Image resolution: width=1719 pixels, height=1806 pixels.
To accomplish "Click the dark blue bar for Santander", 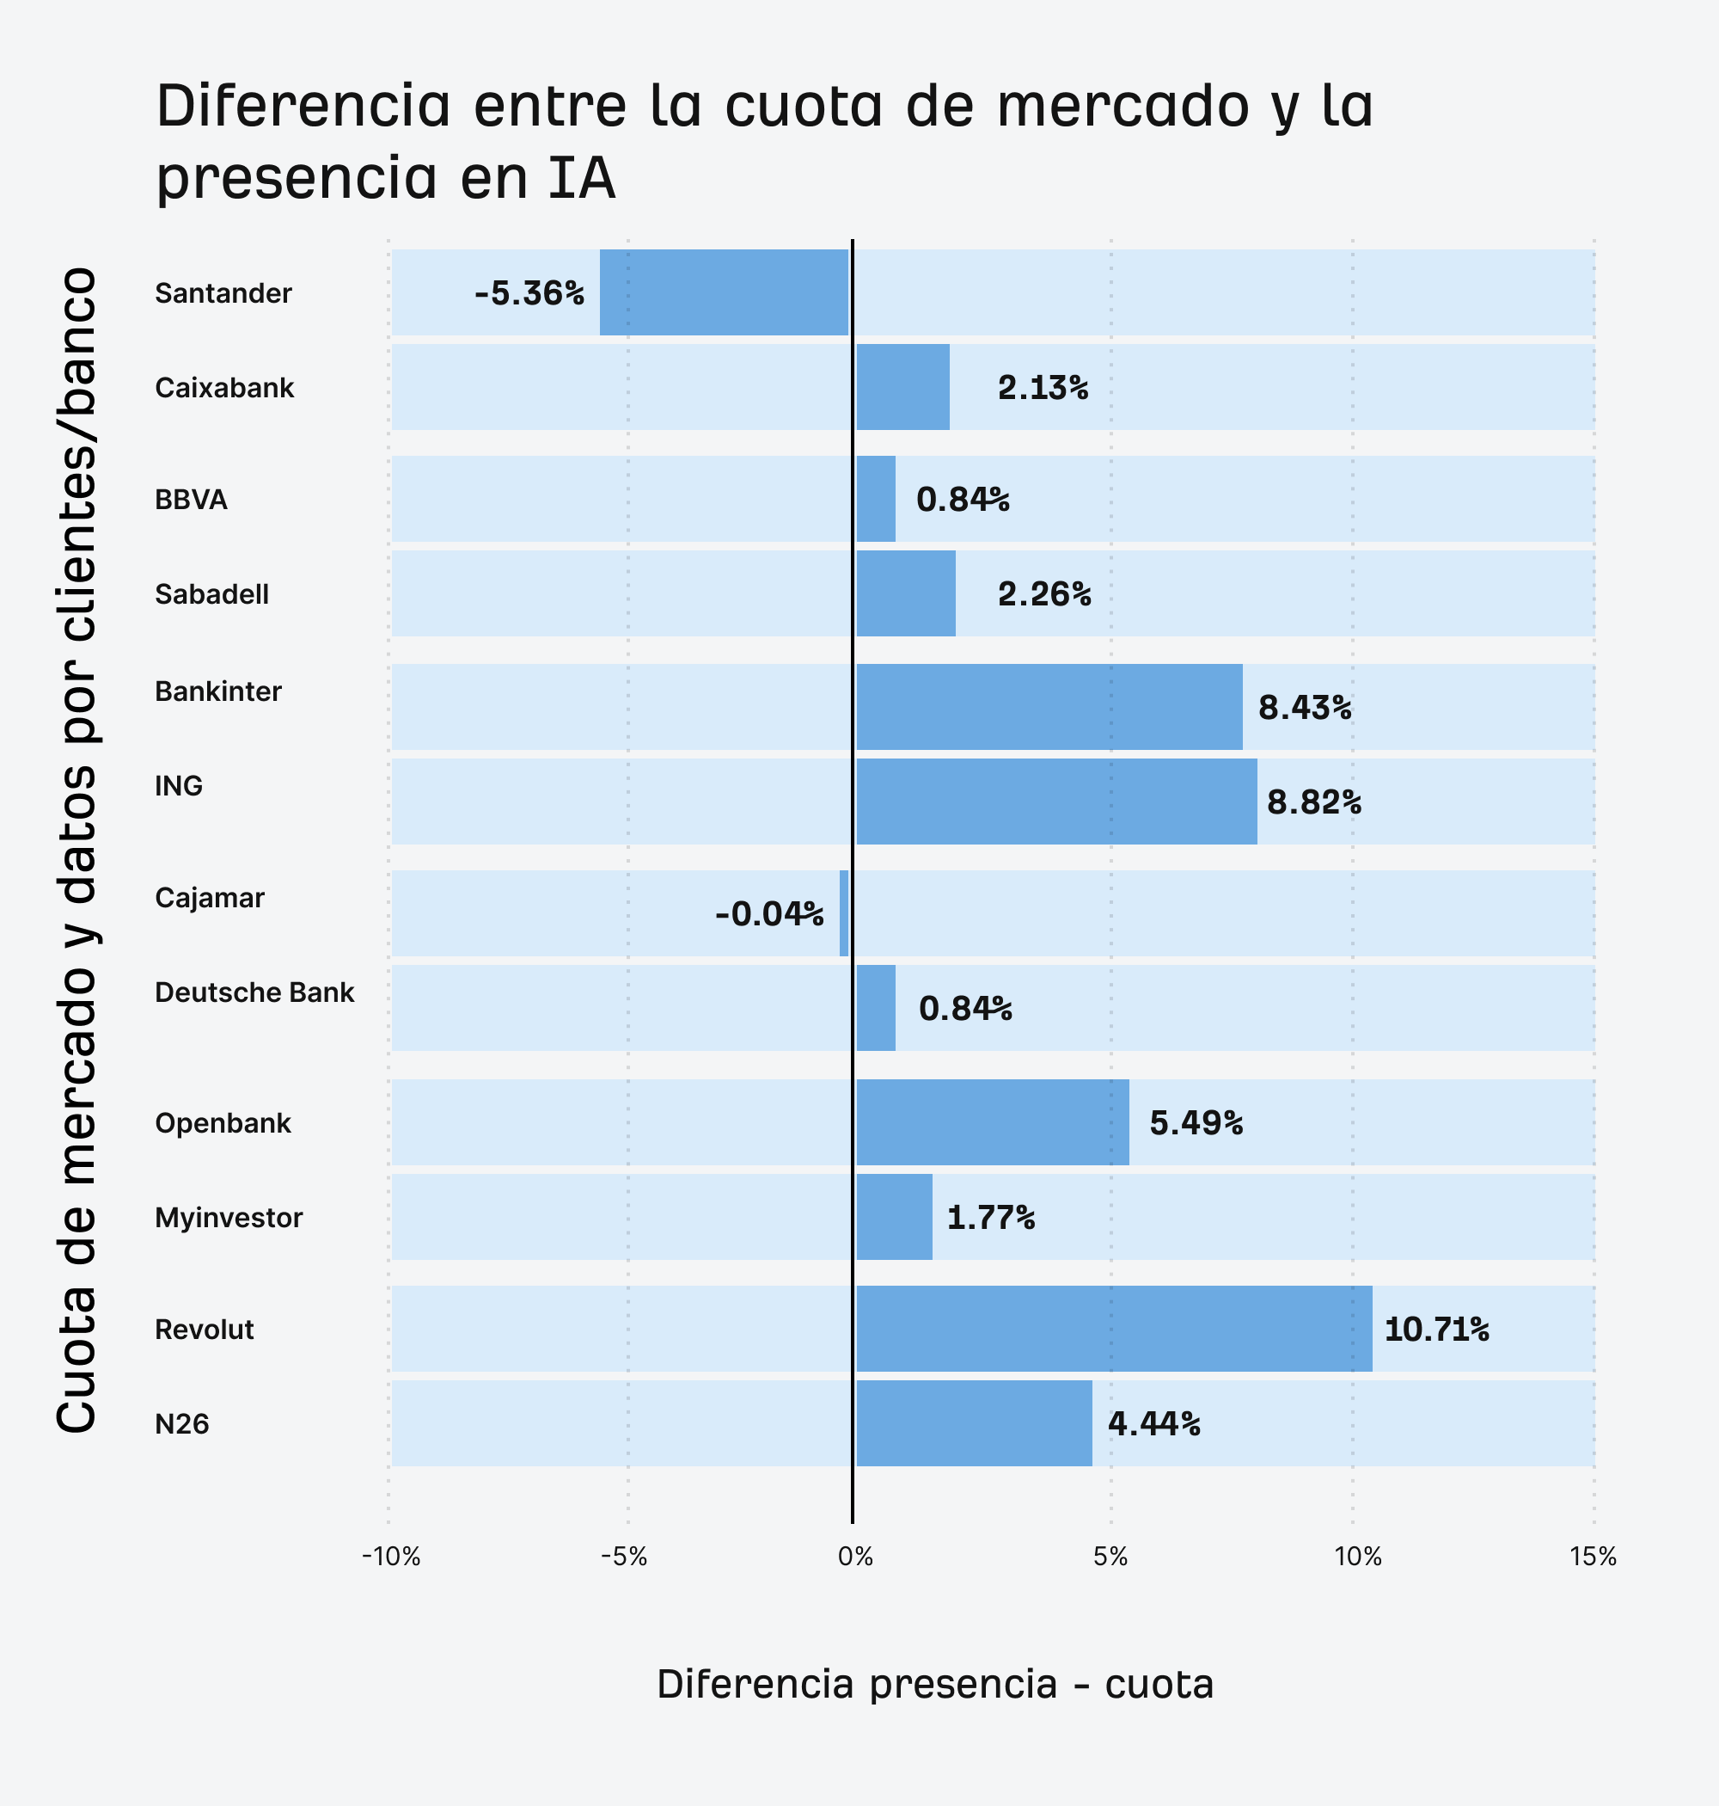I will [x=724, y=292].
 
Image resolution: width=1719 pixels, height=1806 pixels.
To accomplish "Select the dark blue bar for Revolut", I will [x=1113, y=1329].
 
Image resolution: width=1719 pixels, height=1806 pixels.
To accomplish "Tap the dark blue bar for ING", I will [x=1055, y=802].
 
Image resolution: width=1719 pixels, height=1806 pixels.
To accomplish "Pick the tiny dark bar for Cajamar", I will [x=844, y=913].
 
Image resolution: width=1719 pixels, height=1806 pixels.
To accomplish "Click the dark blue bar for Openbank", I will [x=993, y=1122].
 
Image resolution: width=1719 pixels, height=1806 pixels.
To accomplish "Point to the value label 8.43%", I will [x=1304, y=708].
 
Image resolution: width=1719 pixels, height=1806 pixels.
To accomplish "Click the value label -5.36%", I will [x=529, y=293].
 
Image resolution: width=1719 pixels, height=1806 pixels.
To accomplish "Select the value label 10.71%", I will [x=1436, y=1330].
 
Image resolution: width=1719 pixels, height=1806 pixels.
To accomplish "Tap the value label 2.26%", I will [x=1043, y=594].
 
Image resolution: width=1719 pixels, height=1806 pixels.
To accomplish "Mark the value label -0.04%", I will [x=768, y=914].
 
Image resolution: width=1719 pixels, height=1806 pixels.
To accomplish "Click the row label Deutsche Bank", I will [x=254, y=992].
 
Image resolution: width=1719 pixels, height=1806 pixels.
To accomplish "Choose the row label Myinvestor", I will [x=228, y=1218].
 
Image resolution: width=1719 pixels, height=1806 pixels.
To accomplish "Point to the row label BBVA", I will [x=191, y=500].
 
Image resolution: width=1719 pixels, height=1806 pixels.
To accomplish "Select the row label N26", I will [x=181, y=1423].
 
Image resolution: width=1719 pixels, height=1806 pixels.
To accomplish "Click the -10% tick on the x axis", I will [x=390, y=1557].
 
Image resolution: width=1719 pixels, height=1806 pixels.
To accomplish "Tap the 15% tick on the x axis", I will [x=1593, y=1557].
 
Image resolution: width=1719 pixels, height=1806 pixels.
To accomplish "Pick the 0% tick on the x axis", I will [x=855, y=1557].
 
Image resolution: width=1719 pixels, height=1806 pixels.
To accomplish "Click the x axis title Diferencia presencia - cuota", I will [x=934, y=1684].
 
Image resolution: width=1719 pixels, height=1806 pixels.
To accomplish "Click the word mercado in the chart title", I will [x=1123, y=106].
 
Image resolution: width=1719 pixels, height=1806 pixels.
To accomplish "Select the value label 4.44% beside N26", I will [x=1153, y=1423].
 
